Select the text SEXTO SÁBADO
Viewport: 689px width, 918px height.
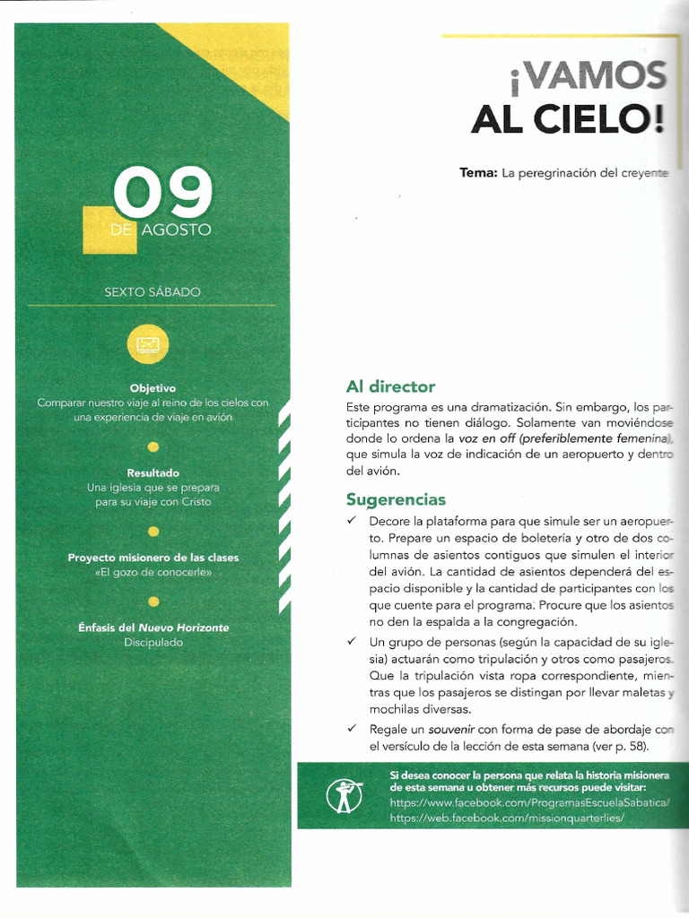coord(153,292)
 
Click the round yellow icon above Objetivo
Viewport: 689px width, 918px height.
coord(148,344)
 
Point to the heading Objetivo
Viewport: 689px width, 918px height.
coord(153,388)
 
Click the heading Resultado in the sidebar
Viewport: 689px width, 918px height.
coord(153,472)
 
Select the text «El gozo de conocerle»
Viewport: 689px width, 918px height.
coord(153,572)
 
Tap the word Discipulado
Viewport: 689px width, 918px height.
coord(153,642)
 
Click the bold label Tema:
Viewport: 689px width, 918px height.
coord(478,172)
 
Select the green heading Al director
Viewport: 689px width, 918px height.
coord(390,386)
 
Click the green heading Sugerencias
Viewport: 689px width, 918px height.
coord(396,499)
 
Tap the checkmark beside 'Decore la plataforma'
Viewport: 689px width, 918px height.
coord(352,521)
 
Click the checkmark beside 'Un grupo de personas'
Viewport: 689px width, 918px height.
coord(352,642)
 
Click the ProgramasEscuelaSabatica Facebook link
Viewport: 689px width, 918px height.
coord(529,803)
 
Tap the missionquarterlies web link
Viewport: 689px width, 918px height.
coord(507,818)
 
